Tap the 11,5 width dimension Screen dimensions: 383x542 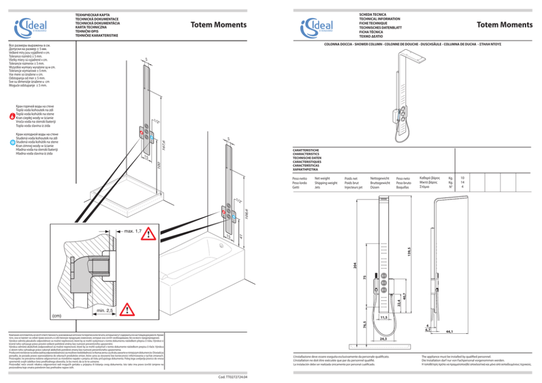(x=384, y=317)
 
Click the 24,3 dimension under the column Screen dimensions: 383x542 (x=383, y=339)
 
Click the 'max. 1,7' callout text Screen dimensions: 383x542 (x=133, y=231)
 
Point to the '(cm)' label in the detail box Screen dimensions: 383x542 (x=57, y=315)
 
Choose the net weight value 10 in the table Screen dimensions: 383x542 (x=462, y=178)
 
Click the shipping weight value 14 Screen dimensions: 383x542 (x=462, y=182)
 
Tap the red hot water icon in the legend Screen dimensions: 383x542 (x=13, y=116)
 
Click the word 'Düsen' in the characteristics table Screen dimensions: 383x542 (x=375, y=187)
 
